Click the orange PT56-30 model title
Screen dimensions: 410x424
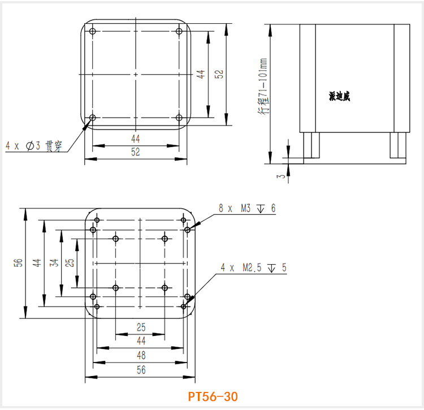[213, 396]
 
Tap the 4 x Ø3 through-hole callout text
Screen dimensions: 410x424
[34, 146]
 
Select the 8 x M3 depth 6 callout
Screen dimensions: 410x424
[247, 209]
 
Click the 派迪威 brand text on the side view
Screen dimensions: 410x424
[339, 97]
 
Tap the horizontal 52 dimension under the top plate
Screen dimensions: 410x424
[136, 152]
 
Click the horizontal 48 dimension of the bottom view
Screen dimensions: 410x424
[141, 355]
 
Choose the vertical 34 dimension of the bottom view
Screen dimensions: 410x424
[53, 262]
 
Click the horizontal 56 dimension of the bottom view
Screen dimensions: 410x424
[141, 370]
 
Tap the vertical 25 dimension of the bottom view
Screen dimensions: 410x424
[69, 262]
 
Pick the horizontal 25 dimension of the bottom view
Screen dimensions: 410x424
[141, 327]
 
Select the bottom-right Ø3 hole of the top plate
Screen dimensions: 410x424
[179, 118]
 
